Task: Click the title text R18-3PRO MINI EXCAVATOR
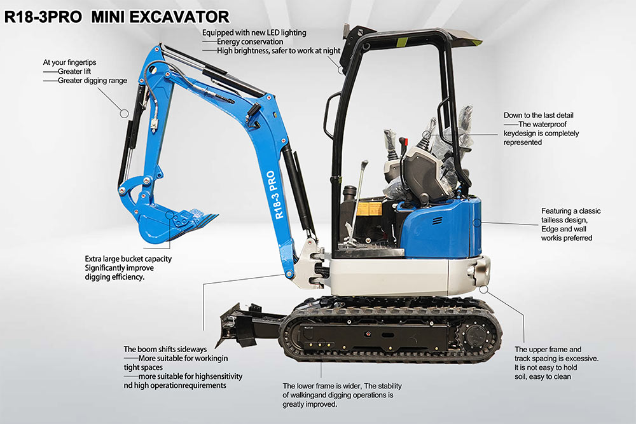117,17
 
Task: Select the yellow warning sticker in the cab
369,209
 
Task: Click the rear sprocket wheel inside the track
477,335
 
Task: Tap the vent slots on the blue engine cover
437,221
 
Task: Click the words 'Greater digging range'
92,81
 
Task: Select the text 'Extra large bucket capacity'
128,259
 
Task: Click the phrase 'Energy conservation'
250,42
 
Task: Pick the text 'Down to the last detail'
538,115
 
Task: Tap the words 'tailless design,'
564,220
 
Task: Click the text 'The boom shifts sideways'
165,349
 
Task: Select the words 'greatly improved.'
310,404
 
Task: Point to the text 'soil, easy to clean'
543,376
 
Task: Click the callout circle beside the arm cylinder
125,114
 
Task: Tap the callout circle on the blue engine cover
478,222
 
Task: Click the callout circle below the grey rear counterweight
483,289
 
